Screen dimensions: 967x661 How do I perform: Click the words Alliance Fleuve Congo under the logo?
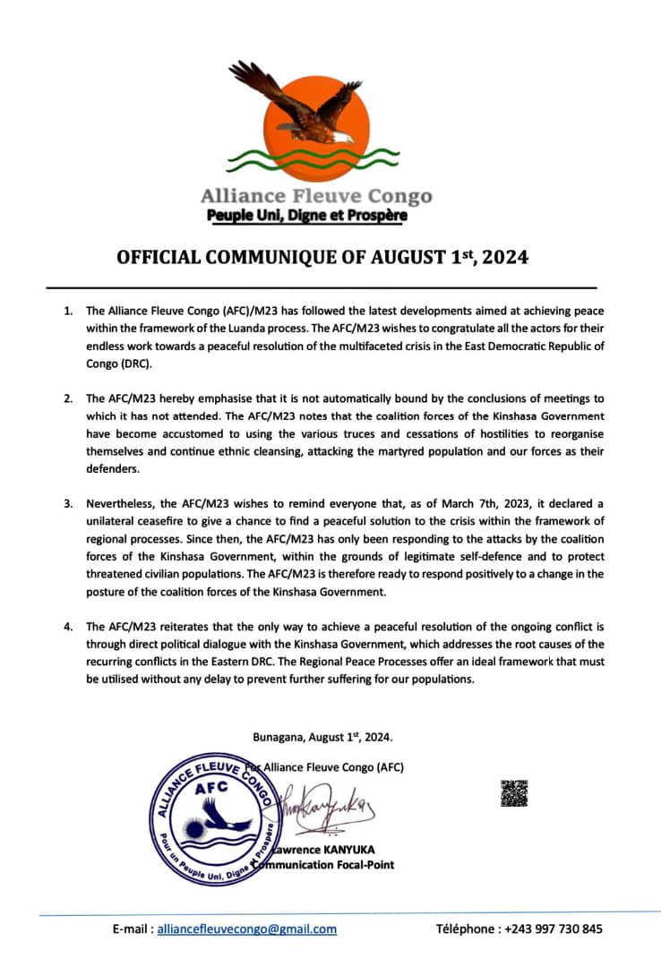point(315,196)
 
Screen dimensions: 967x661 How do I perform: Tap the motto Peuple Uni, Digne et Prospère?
point(306,216)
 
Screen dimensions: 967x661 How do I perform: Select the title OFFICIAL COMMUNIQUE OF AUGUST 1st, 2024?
point(322,258)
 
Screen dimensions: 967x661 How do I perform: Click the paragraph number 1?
point(68,311)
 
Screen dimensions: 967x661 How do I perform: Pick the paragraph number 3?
point(68,503)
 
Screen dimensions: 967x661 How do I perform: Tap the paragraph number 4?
point(68,626)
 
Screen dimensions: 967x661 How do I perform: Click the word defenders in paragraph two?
point(114,468)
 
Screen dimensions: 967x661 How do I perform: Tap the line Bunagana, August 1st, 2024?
point(323,737)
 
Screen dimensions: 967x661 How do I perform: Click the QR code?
point(513,793)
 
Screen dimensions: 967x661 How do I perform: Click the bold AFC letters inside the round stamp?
point(211,786)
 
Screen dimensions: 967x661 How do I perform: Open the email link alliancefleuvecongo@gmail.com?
point(247,928)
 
